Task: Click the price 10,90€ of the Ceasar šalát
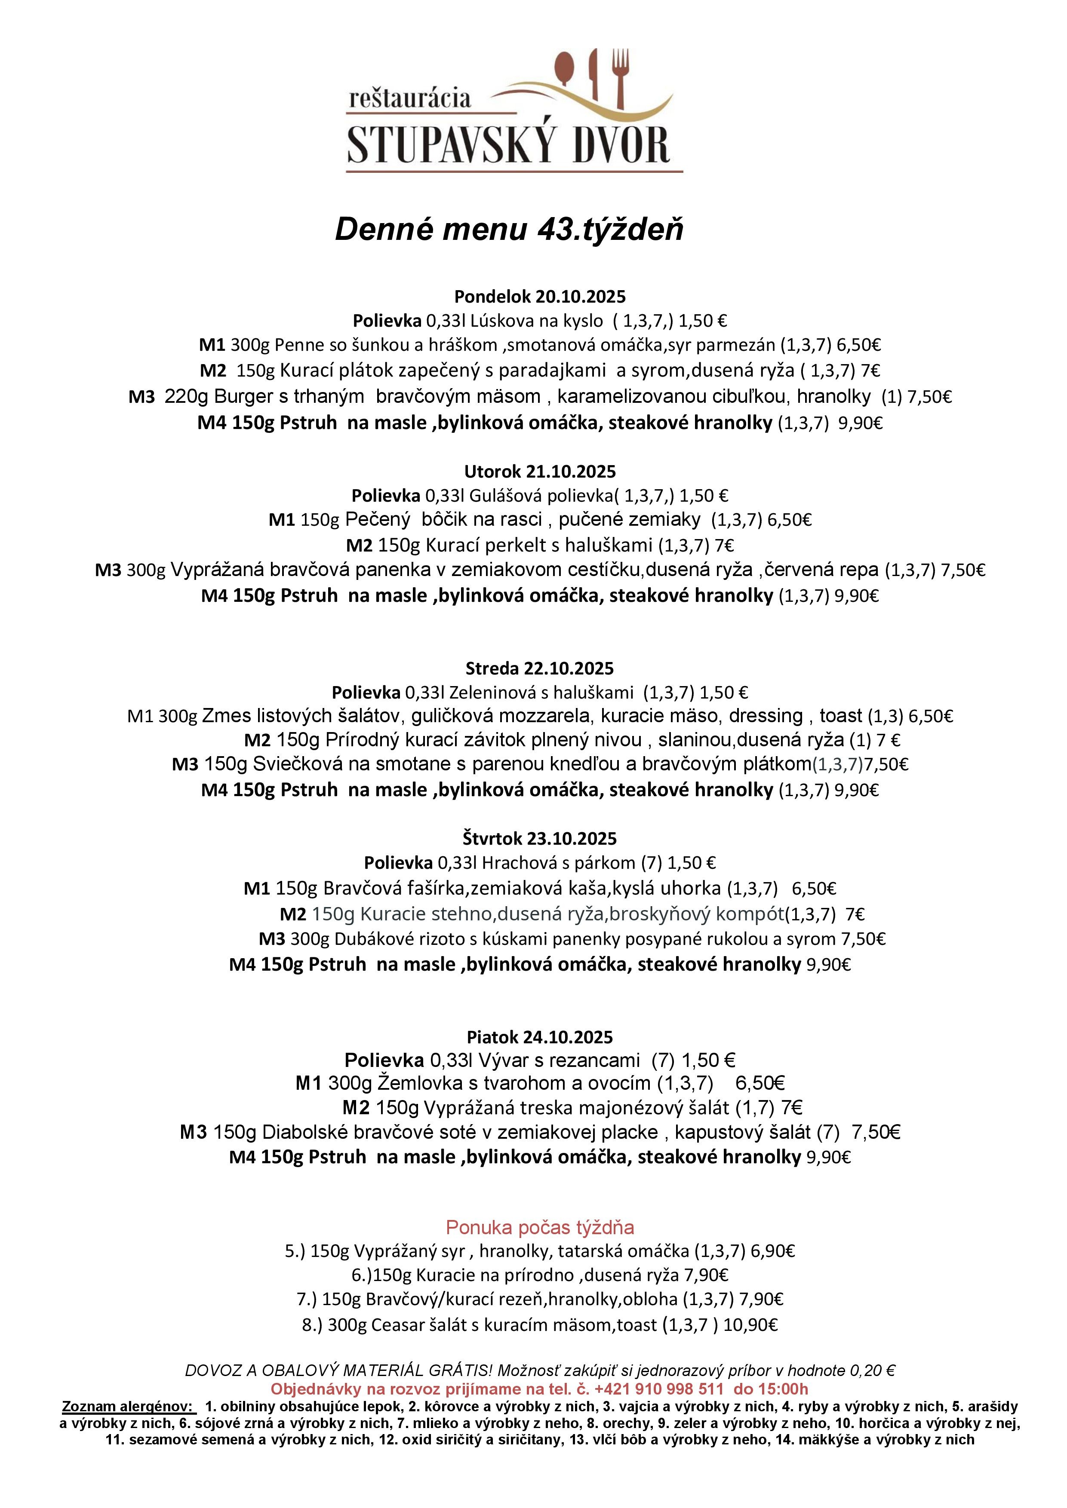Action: (x=750, y=1325)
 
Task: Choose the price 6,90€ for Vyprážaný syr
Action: (x=772, y=1251)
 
